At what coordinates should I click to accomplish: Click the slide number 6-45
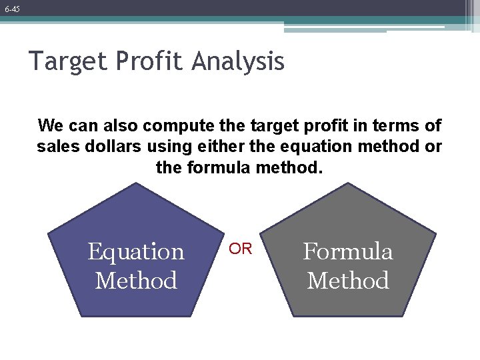click(x=11, y=9)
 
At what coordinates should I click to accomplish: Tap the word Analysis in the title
click(x=239, y=62)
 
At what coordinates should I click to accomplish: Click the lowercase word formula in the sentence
click(x=217, y=167)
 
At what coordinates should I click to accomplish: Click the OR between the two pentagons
click(x=241, y=249)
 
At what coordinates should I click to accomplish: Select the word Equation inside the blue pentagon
click(x=136, y=252)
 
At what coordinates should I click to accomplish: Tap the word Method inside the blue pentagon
click(x=136, y=281)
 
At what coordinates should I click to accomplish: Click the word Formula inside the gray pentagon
click(x=348, y=251)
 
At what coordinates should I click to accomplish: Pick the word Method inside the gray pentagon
click(x=348, y=281)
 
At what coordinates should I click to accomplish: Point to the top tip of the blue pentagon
click(x=136, y=184)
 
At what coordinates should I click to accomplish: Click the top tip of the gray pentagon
click(x=348, y=184)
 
